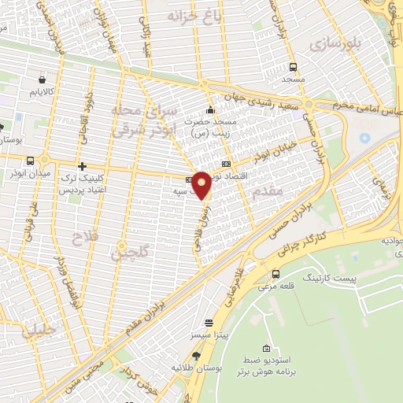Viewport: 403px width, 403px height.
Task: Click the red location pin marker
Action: pyautogui.click(x=202, y=185)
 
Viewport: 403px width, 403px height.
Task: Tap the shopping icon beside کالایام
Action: pyautogui.click(x=41, y=79)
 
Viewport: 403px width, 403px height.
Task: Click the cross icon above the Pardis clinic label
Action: pyautogui.click(x=82, y=166)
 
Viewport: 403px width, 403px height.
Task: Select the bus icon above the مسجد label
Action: pyautogui.click(x=294, y=67)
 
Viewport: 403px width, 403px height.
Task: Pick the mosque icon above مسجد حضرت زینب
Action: pyautogui.click(x=209, y=109)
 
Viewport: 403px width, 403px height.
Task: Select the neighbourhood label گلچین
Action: pyautogui.click(x=128, y=253)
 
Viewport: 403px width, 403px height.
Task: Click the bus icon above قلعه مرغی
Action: pyautogui.click(x=275, y=274)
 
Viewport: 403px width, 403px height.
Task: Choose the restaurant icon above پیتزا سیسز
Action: pyautogui.click(x=209, y=323)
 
